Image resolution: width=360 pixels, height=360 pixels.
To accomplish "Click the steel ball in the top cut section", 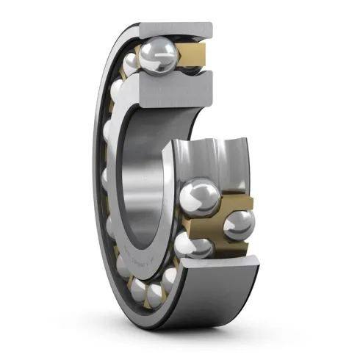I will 160,54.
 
